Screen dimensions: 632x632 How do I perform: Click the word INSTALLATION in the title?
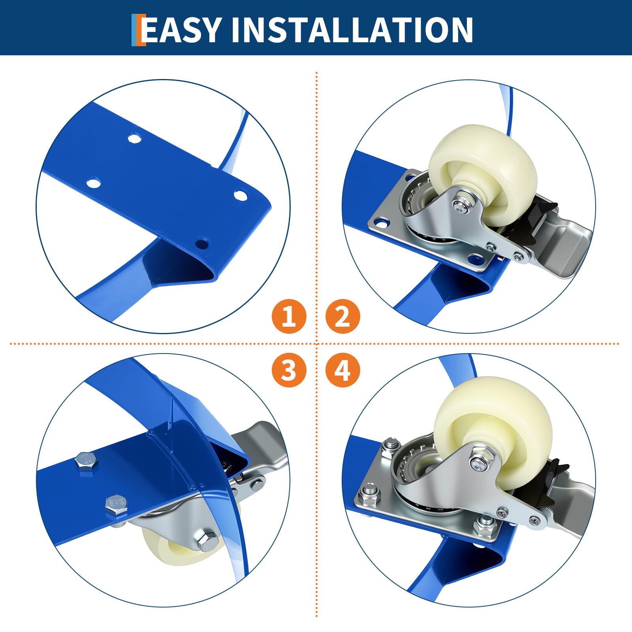[x=352, y=30]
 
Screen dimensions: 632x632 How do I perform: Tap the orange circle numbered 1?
[x=289, y=316]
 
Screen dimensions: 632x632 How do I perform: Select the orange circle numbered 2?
[x=342, y=316]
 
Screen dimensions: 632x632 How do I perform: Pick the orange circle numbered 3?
[x=289, y=370]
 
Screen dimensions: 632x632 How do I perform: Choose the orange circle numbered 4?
[x=342, y=370]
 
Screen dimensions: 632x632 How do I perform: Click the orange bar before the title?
[x=138, y=30]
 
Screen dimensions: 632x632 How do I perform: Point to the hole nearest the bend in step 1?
[x=202, y=244]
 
